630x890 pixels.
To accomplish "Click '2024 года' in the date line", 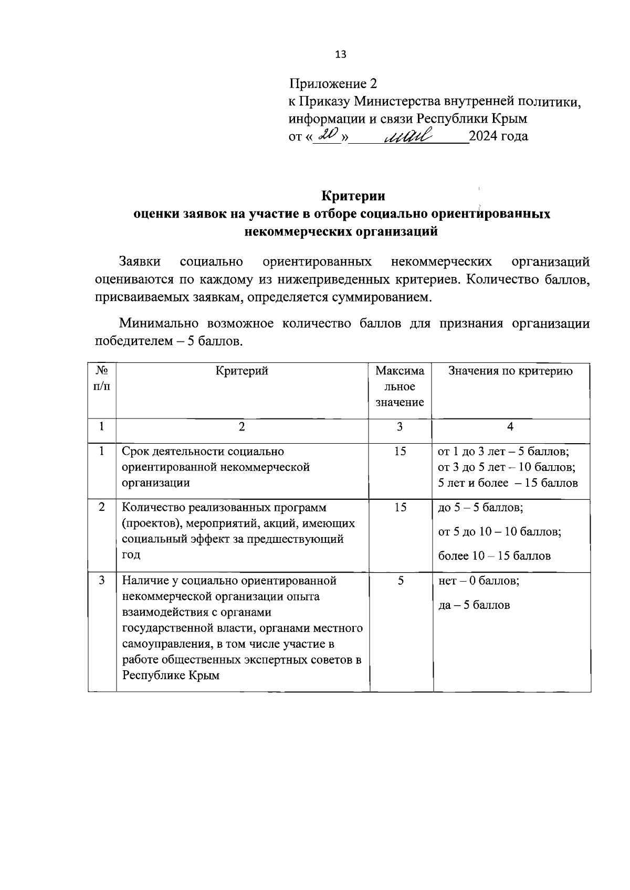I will [x=498, y=136].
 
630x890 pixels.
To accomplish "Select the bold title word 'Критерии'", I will [x=353, y=196].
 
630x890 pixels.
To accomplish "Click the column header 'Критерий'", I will [x=241, y=371].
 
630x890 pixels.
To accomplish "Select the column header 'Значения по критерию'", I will [x=510, y=371].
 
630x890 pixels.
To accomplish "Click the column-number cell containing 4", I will [x=510, y=427].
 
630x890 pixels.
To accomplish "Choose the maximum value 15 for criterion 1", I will [x=400, y=451].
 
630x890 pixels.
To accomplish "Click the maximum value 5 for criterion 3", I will [x=400, y=581].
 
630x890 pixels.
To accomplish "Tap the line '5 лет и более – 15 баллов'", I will [x=508, y=483].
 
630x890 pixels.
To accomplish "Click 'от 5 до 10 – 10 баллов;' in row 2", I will [x=500, y=532].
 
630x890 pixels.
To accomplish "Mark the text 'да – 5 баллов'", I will [x=474, y=605].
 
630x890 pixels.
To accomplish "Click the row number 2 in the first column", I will [x=102, y=507].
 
